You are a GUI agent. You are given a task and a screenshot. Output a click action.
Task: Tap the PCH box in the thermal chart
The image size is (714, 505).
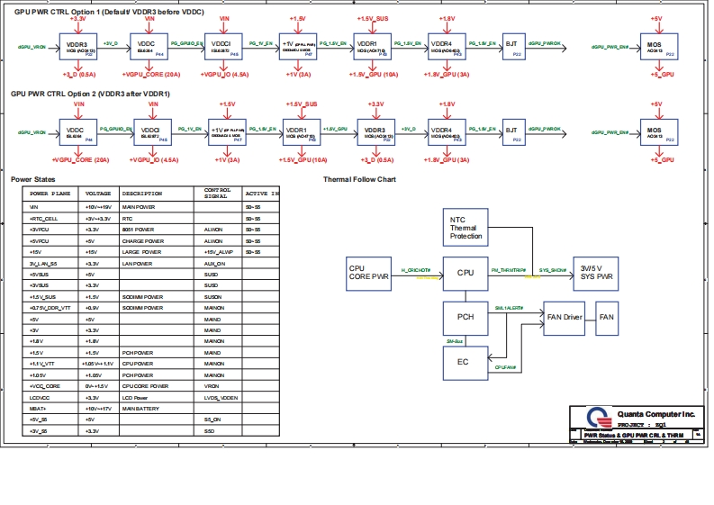(465, 318)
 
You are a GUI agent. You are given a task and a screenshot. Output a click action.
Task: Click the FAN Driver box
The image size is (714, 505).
(565, 318)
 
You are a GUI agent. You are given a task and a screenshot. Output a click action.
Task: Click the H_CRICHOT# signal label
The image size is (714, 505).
(416, 269)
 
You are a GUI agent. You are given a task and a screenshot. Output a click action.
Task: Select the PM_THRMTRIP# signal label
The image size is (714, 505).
(508, 269)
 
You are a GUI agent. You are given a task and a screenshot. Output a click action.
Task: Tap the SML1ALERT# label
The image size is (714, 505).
(510, 308)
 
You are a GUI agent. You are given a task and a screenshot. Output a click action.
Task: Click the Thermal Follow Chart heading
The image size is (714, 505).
(359, 179)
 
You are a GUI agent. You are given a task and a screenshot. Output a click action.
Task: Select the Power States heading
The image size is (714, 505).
(33, 179)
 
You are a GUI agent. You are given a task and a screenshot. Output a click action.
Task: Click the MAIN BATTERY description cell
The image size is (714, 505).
(141, 410)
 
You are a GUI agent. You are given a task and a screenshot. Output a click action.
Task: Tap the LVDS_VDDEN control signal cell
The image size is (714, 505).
(221, 397)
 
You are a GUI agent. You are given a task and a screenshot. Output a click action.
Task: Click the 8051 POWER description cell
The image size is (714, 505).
(140, 230)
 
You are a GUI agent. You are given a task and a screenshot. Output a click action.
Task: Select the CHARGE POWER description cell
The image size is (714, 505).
(143, 241)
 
